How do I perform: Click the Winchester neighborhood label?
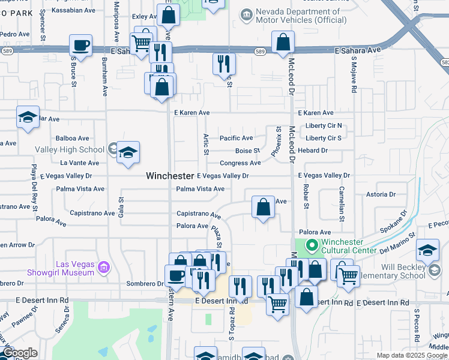click(x=170, y=176)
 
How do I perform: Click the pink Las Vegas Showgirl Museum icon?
click(x=103, y=266)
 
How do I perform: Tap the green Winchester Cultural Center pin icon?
click(x=311, y=245)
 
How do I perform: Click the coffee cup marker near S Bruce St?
click(x=80, y=46)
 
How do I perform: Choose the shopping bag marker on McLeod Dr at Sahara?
click(x=282, y=43)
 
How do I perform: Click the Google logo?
click(x=20, y=353)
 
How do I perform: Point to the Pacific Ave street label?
click(x=236, y=138)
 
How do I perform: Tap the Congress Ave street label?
click(x=240, y=163)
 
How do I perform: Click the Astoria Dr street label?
click(x=381, y=194)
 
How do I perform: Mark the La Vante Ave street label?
click(x=79, y=163)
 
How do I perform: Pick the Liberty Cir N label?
click(x=323, y=125)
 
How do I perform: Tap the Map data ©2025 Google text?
click(x=412, y=355)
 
